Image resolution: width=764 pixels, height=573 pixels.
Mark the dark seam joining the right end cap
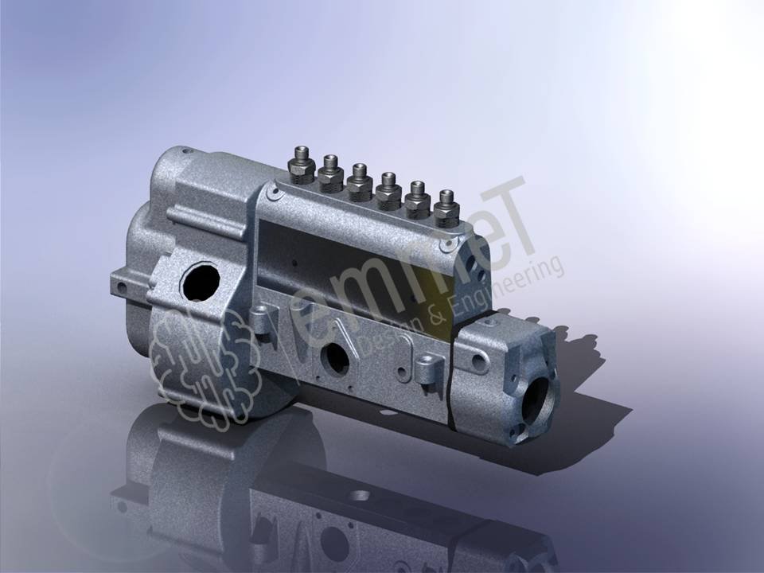tap(451, 374)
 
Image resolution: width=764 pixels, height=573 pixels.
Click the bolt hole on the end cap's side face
tap(478, 361)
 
